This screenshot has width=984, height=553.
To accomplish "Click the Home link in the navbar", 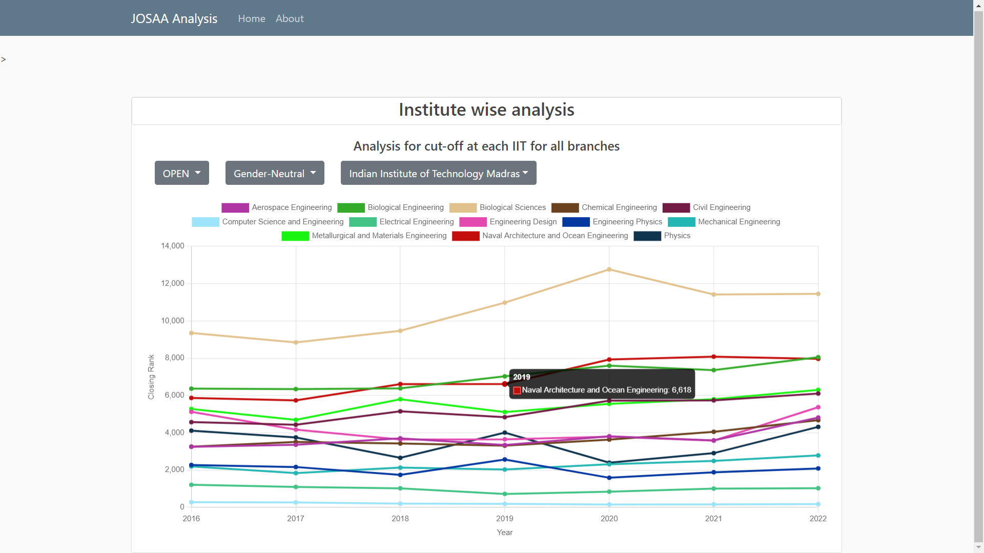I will [x=251, y=18].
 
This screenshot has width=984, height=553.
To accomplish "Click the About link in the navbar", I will [x=290, y=18].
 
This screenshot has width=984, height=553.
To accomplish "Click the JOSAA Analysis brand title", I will [x=174, y=18].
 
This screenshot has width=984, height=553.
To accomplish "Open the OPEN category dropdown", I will [x=181, y=174].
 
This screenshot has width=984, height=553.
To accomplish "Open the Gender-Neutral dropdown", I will [x=275, y=174].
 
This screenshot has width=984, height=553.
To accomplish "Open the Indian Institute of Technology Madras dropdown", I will [x=438, y=174].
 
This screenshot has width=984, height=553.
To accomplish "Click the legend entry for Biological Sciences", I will [x=498, y=207].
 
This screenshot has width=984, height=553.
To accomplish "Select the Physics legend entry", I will [x=662, y=236].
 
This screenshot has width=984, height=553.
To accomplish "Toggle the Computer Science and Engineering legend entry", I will [x=268, y=222].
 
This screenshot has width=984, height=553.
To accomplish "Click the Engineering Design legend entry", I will [x=508, y=222].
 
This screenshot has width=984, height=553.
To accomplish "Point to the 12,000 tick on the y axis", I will [x=173, y=283].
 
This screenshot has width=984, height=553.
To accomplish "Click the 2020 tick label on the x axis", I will [x=609, y=519].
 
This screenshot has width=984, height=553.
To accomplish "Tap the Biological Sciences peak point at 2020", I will [x=609, y=269].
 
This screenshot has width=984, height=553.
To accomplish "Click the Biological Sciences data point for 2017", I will [x=296, y=343].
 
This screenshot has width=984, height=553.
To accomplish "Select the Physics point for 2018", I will [x=400, y=458].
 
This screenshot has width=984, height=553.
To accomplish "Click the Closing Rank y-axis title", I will [x=151, y=377].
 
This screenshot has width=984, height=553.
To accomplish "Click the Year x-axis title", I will [x=504, y=533].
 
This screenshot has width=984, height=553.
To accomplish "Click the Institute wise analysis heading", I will [x=486, y=110].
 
